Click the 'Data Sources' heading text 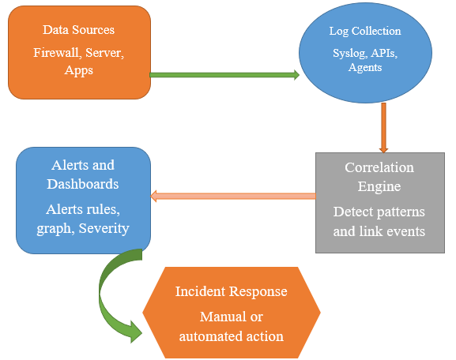tap(78, 30)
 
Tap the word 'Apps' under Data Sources tap(79, 70)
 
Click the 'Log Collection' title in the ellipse tap(365, 31)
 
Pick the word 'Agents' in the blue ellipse tap(365, 68)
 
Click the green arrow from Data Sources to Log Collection tap(224, 75)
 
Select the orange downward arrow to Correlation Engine tap(383, 128)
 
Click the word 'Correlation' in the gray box tap(379, 167)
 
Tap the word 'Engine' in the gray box tap(379, 186)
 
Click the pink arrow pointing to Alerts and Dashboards tap(233, 196)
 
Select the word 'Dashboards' tap(83, 184)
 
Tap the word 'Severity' tap(104, 229)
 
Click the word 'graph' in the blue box tap(54, 229)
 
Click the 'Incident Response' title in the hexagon tap(232, 291)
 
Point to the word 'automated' tap(210, 336)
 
